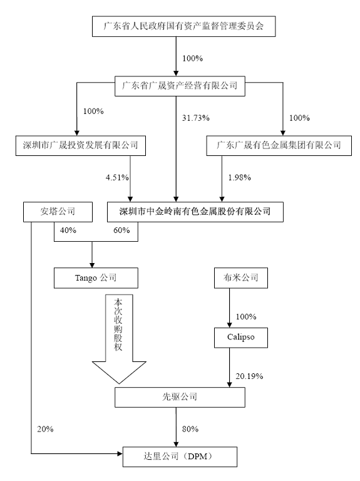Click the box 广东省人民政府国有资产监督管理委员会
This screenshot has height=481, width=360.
tap(183, 26)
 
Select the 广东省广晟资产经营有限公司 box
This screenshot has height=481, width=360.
tap(180, 86)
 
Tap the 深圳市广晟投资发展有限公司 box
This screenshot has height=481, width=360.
tap(81, 145)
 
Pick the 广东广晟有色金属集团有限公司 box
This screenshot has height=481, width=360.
tap(279, 145)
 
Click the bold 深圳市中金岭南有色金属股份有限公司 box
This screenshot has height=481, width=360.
tap(195, 212)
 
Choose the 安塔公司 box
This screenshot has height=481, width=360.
tap(58, 212)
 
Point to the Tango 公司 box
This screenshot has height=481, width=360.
tap(96, 278)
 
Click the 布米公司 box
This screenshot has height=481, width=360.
tap(240, 278)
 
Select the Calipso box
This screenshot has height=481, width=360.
tap(240, 338)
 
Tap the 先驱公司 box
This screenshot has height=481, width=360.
tap(180, 397)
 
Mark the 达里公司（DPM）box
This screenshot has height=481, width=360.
tap(180, 457)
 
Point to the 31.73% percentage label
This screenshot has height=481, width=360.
tap(195, 118)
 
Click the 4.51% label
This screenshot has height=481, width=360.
tap(117, 177)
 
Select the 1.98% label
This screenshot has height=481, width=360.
tap(240, 177)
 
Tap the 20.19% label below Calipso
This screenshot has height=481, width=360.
tap(249, 376)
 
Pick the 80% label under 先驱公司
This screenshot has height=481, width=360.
tap(190, 429)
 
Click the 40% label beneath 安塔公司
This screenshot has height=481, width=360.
tap(68, 230)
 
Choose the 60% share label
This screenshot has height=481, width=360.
tap(121, 230)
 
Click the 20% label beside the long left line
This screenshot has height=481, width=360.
tap(45, 429)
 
